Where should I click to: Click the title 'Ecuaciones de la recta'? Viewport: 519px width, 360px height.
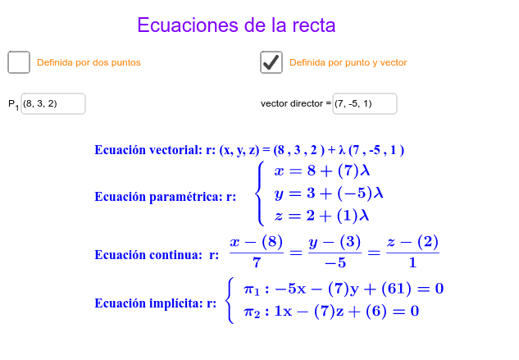coord(236,25)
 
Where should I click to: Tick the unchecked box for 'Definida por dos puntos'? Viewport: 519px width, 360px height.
coord(19,62)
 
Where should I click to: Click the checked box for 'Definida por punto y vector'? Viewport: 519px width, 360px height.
coord(271,62)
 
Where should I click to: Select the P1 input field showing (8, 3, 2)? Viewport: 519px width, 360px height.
coord(53,103)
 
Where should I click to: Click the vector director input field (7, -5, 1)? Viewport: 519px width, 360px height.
coord(365,103)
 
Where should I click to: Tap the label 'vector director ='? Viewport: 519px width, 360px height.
coord(296,103)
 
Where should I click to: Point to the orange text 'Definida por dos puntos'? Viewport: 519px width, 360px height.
coord(89,62)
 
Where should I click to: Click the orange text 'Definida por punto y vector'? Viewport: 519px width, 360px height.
coord(348,62)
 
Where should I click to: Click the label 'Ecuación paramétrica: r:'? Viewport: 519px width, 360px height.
coord(165,197)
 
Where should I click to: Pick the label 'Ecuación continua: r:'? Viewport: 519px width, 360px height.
coord(157,255)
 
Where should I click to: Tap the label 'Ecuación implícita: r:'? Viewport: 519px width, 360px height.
coord(156,303)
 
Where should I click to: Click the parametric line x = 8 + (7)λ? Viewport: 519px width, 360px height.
coord(322,171)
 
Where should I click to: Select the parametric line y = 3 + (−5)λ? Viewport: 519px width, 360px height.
coord(329,194)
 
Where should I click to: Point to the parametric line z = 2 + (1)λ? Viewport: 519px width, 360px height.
coord(321,216)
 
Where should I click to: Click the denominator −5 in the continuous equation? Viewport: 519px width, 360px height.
coord(335,263)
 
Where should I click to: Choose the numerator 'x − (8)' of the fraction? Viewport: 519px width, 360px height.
coord(257,242)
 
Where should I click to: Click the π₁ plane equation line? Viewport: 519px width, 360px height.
coord(344,289)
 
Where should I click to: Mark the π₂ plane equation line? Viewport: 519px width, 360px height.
coord(331,312)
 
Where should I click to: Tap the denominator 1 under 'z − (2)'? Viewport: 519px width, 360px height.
coord(412,263)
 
